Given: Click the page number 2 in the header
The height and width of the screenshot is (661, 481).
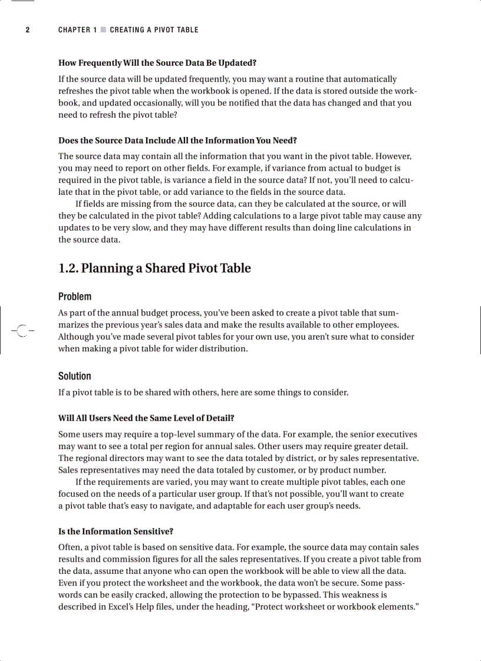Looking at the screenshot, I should coord(27,30).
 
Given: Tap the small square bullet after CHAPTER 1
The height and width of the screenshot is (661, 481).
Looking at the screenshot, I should coord(103,29).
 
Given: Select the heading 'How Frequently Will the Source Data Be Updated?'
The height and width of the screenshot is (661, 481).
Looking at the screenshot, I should coord(157,62).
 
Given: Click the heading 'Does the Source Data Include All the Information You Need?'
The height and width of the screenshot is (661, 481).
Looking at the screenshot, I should coord(177,140).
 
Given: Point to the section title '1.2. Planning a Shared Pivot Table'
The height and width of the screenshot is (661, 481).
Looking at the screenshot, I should coord(154,268).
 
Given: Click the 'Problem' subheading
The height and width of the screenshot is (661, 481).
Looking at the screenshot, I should coord(75,297).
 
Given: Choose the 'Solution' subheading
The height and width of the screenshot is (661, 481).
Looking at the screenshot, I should coord(75,376).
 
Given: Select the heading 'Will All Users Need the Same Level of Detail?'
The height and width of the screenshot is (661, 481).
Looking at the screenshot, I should coord(146,418).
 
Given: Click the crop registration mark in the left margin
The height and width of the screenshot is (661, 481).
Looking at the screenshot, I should coord(22,331).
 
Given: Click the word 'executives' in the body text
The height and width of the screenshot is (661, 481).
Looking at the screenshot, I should coord(396,435).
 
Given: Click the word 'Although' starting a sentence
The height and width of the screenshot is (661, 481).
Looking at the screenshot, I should coord(76,337).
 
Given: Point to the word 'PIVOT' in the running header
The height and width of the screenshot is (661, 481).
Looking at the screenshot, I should coord(167,30).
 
